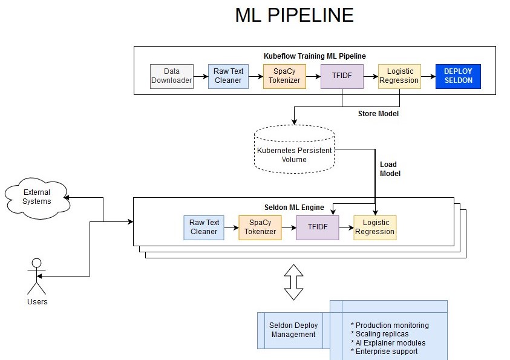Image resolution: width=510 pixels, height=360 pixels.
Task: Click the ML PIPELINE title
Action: (294, 16)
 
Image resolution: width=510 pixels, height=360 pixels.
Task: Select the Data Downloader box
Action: (172, 76)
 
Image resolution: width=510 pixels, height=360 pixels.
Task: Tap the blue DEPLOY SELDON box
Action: (458, 76)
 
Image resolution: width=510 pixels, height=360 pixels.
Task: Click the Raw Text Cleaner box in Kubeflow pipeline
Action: (228, 76)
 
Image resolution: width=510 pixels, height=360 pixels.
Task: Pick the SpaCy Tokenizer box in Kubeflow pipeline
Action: (284, 76)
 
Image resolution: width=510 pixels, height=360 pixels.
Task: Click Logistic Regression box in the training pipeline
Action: (399, 76)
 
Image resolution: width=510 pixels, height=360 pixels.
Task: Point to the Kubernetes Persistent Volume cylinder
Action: (294, 150)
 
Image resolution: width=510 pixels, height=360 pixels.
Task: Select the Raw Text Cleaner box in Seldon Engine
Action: (204, 227)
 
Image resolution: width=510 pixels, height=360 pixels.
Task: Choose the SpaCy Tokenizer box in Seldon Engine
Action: (260, 227)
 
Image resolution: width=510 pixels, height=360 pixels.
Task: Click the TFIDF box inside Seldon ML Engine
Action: (318, 227)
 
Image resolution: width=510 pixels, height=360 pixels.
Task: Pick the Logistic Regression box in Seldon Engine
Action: (374, 227)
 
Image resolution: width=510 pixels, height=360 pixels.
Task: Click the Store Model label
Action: (378, 113)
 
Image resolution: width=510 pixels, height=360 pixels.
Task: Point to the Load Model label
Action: (390, 169)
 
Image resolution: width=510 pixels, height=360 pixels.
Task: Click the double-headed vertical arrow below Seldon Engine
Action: (294, 282)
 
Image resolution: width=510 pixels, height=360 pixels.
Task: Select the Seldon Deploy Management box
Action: (293, 330)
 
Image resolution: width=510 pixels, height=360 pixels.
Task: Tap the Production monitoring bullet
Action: (390, 326)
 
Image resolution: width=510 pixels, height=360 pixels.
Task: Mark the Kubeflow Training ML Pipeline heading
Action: (315, 56)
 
